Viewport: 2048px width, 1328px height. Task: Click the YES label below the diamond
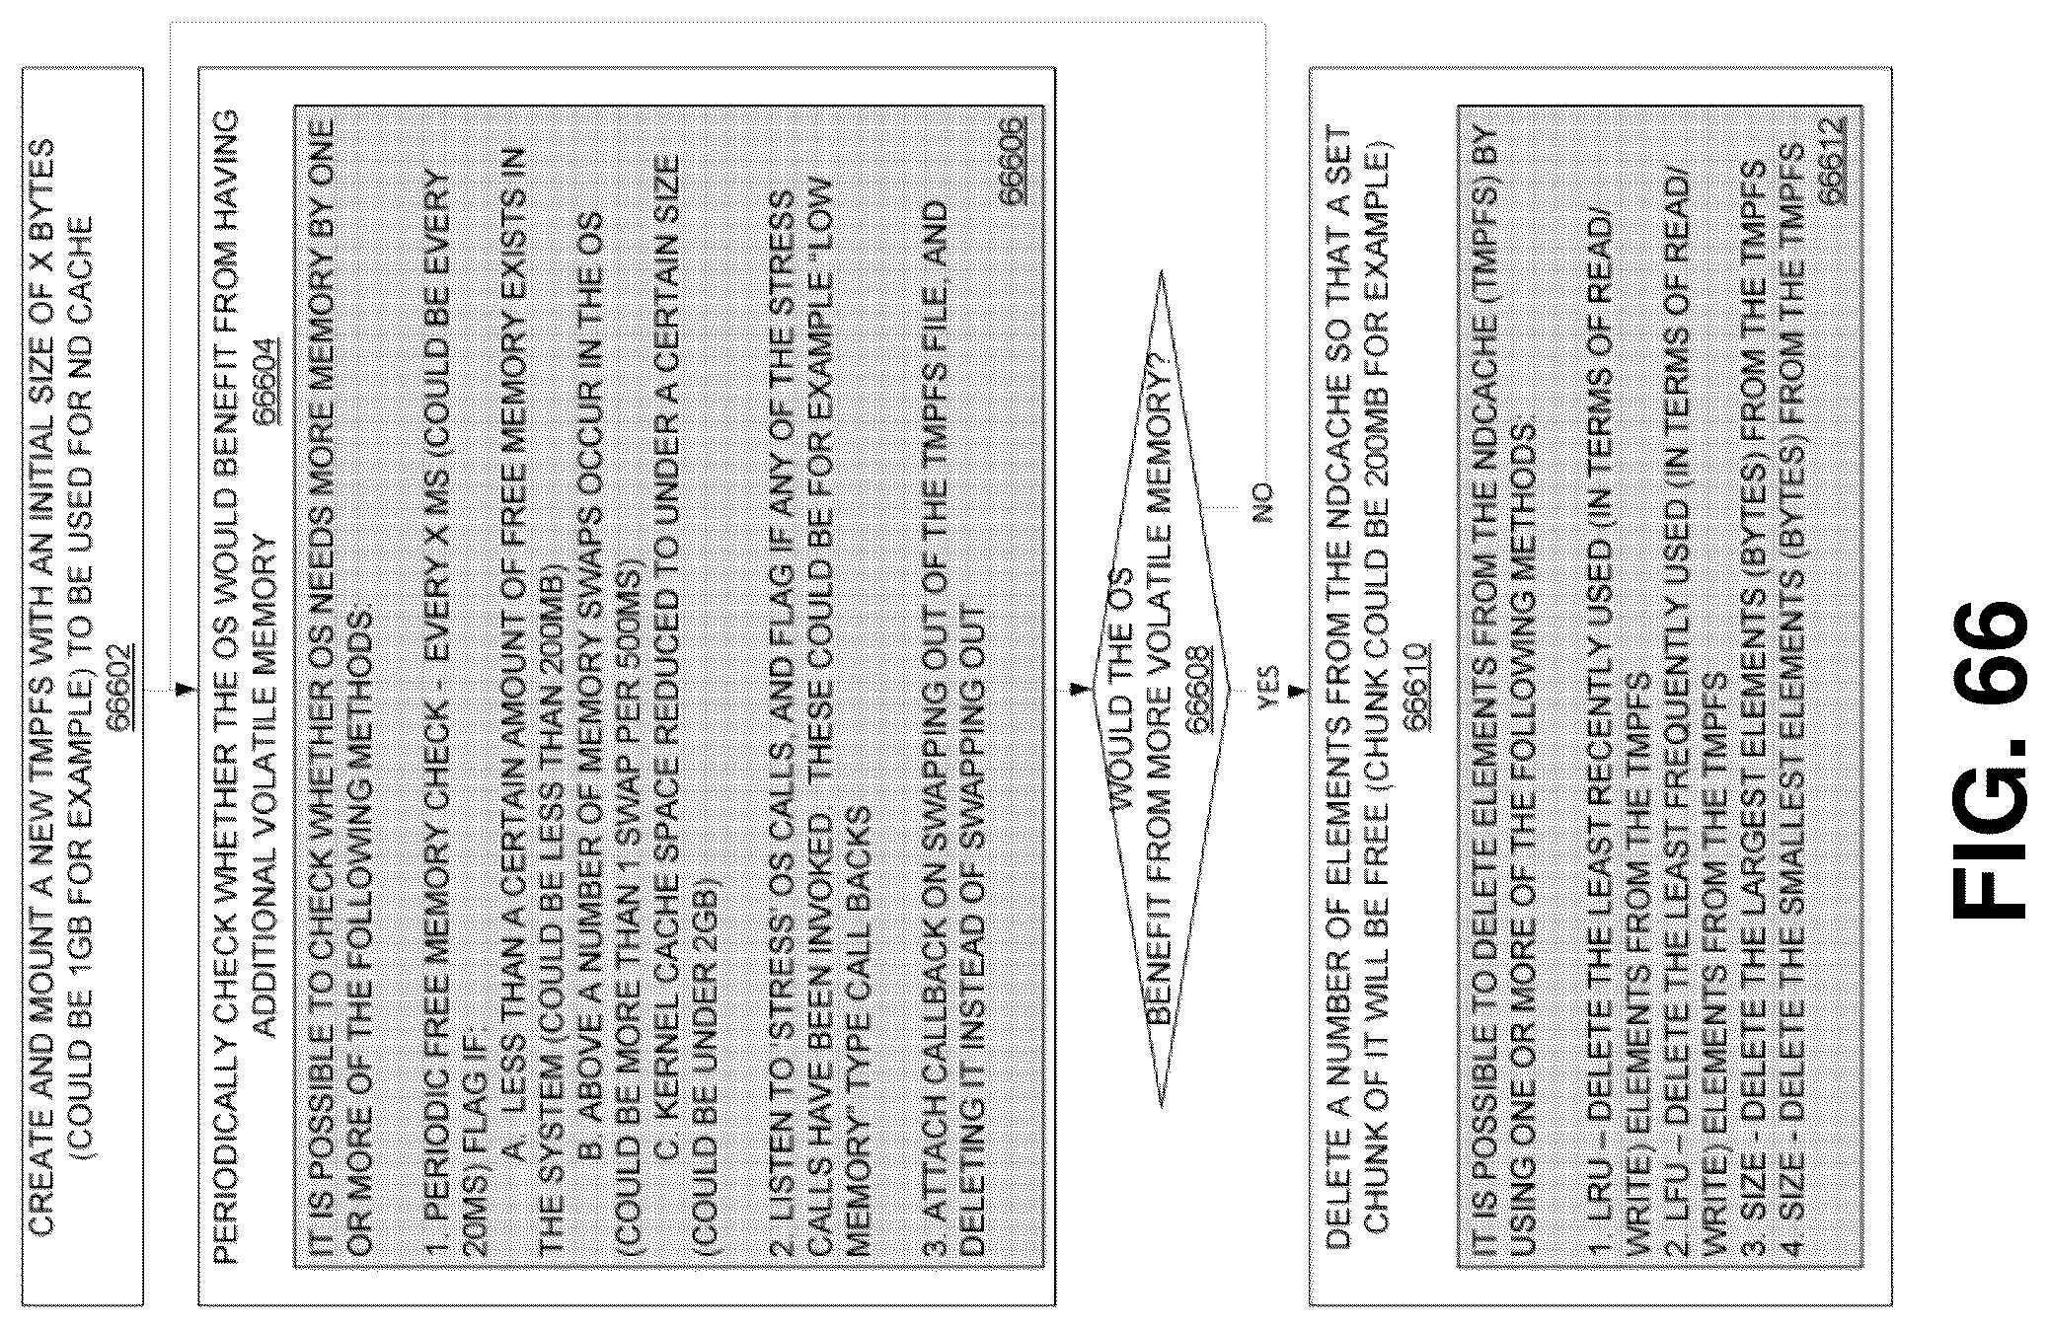click(x=1267, y=687)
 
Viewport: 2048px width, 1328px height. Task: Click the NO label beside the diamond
click(x=1262, y=502)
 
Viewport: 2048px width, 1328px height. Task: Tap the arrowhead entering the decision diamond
click(x=1080, y=688)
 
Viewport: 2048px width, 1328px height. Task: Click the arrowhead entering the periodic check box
click(x=181, y=688)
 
